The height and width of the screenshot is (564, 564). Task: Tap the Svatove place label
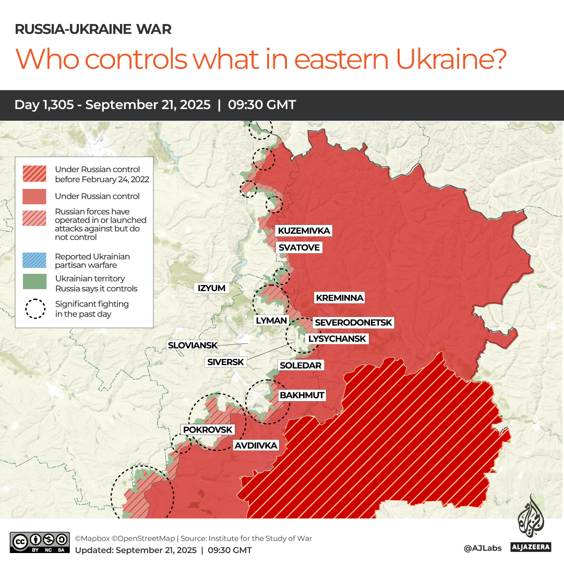pyautogui.click(x=299, y=247)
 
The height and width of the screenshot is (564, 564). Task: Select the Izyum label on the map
pyautogui.click(x=211, y=288)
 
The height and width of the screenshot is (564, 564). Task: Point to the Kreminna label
pyautogui.click(x=339, y=298)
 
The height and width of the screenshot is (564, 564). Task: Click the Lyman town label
pyautogui.click(x=271, y=320)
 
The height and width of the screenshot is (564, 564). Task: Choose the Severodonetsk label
pyautogui.click(x=353, y=323)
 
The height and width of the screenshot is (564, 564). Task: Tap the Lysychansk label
pyautogui.click(x=337, y=339)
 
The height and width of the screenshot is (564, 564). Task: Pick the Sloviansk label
pyautogui.click(x=192, y=345)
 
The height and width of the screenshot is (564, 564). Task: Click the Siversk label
pyautogui.click(x=225, y=362)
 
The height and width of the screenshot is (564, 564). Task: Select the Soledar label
pyautogui.click(x=301, y=365)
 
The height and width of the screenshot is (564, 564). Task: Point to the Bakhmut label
pyautogui.click(x=302, y=395)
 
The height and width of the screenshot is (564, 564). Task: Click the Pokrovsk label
pyautogui.click(x=207, y=429)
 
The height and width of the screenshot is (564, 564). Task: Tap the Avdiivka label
pyautogui.click(x=256, y=445)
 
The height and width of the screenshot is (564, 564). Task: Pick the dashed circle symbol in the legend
pyautogui.click(x=35, y=308)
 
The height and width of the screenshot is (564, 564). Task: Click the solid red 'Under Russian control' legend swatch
pyautogui.click(x=35, y=196)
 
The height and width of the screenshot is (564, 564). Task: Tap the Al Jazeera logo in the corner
pyautogui.click(x=531, y=525)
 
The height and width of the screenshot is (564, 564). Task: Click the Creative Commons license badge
pyautogui.click(x=40, y=542)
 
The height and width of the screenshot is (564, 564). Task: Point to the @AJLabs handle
pyautogui.click(x=483, y=548)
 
